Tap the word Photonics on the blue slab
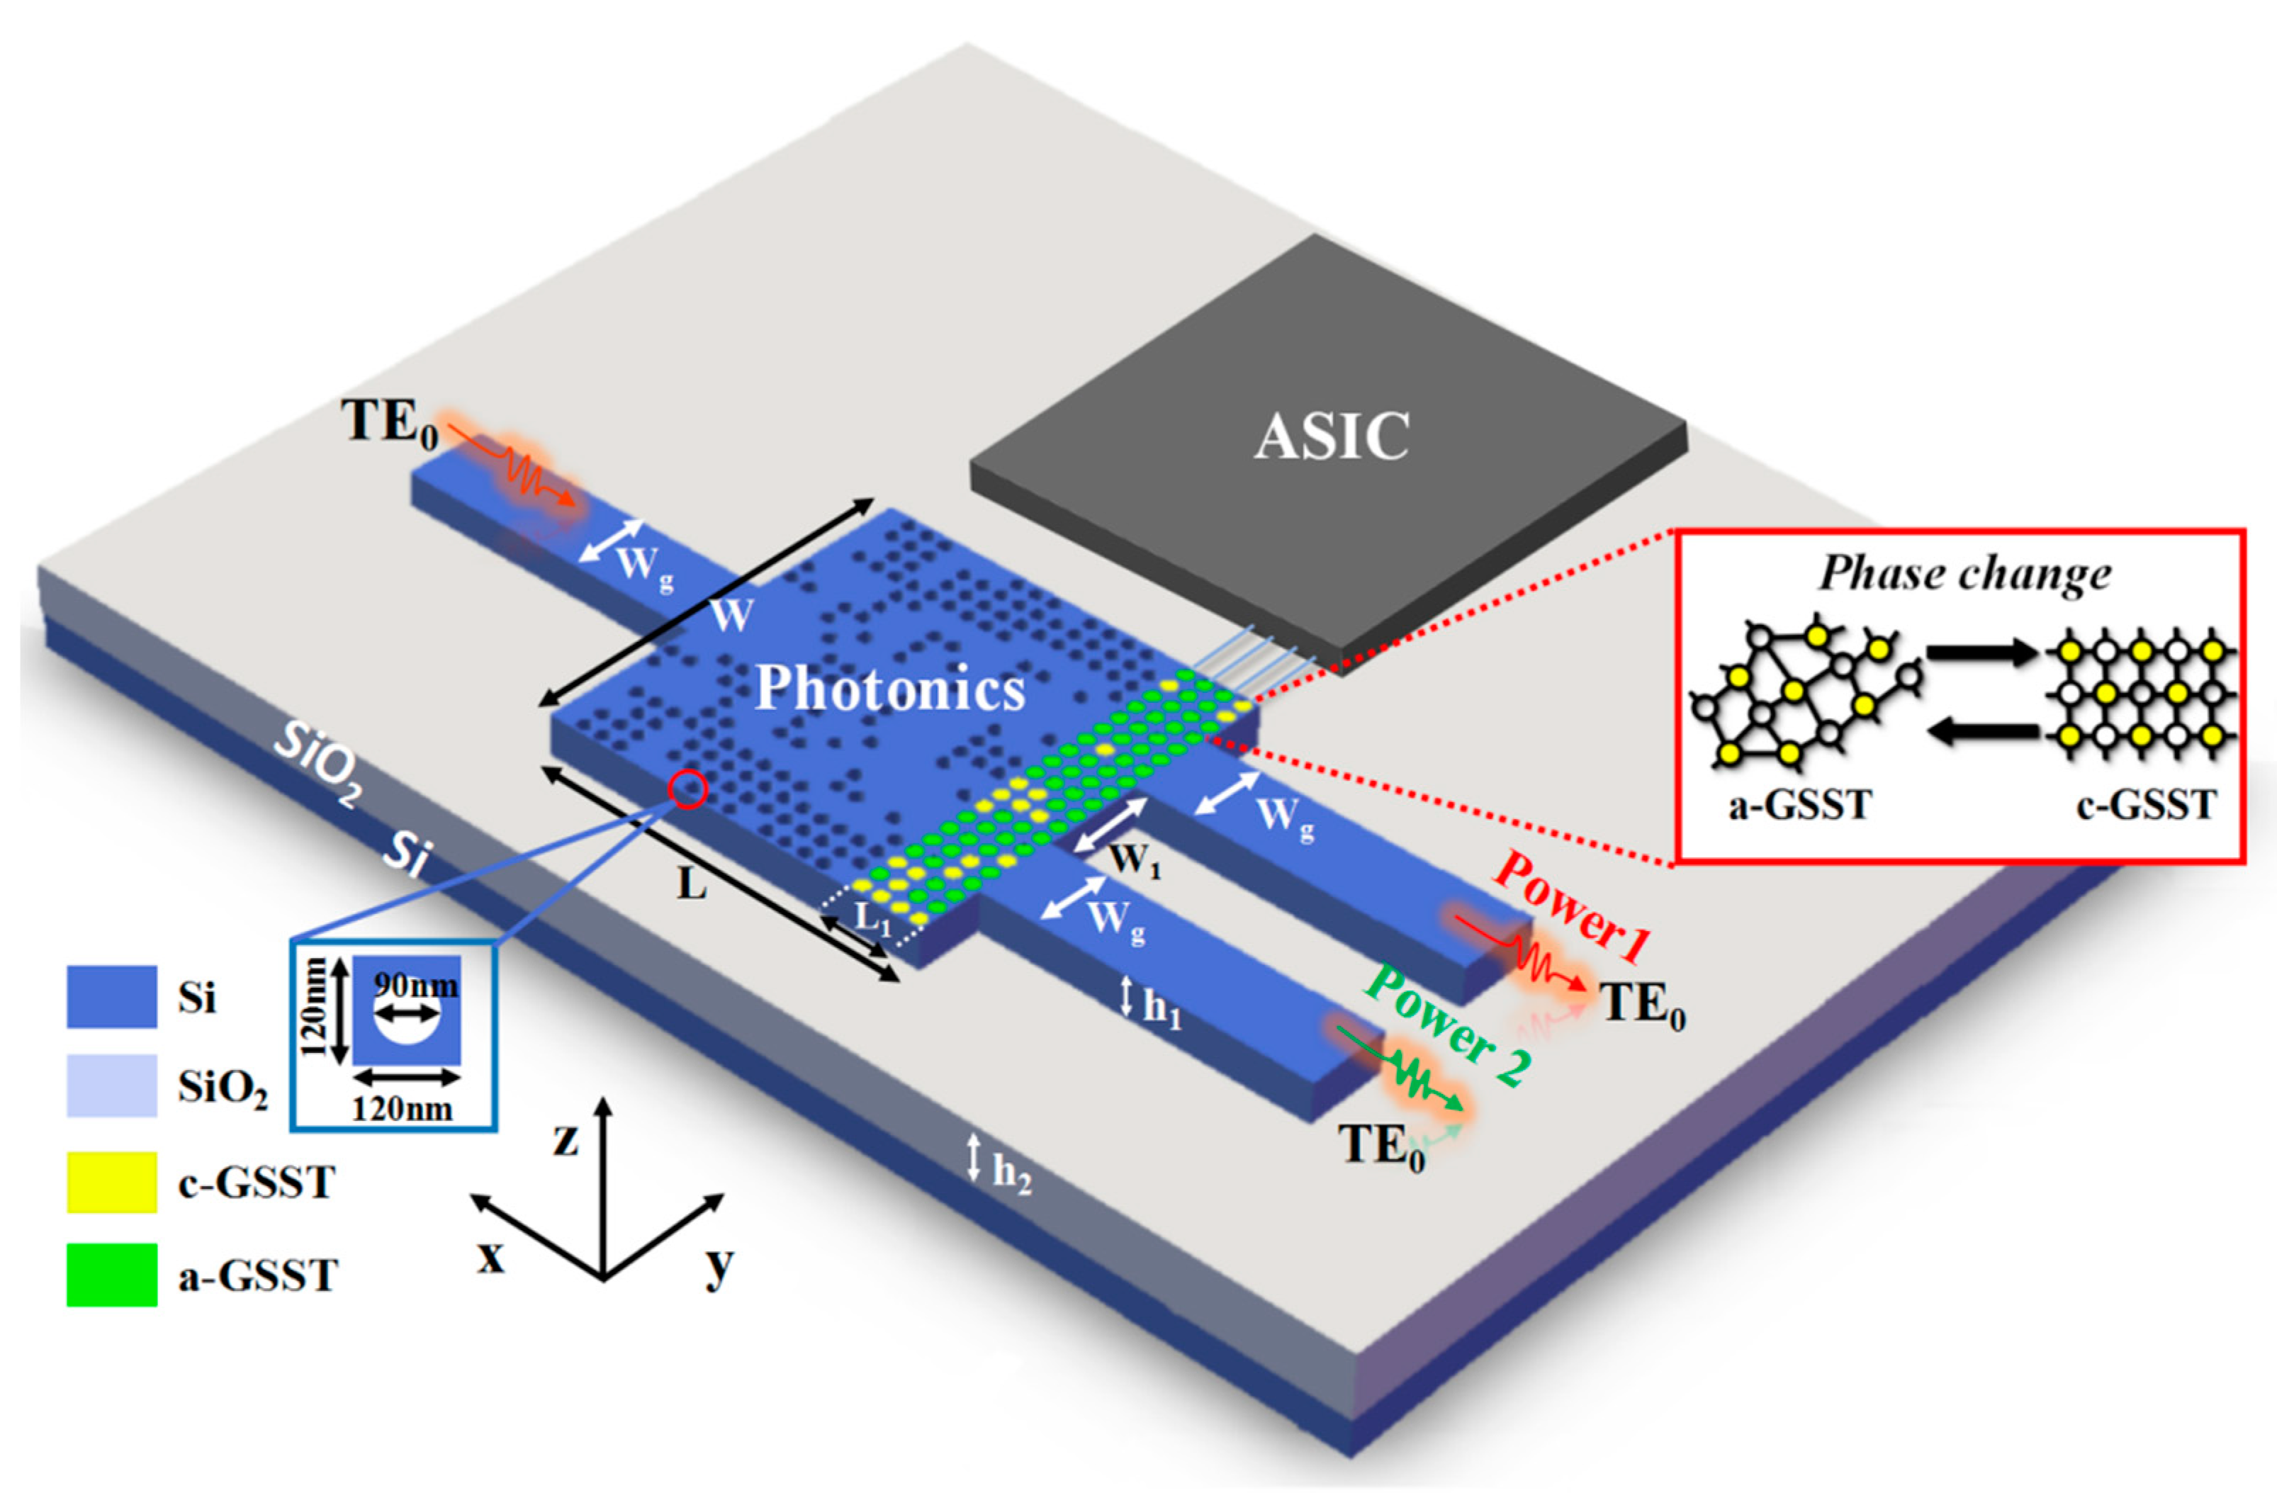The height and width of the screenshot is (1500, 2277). [x=890, y=688]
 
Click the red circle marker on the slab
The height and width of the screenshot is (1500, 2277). [x=688, y=790]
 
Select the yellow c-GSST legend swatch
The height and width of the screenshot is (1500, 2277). [x=111, y=1183]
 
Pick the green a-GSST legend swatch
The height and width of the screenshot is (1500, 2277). [x=111, y=1274]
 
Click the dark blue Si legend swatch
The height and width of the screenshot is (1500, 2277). [x=111, y=997]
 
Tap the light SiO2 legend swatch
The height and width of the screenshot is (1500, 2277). [x=111, y=1085]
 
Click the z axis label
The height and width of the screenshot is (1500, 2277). [x=566, y=1139]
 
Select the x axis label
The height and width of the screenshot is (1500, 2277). [x=491, y=1257]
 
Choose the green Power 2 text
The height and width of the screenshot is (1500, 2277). [x=1448, y=1025]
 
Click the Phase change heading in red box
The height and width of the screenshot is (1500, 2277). [x=1964, y=574]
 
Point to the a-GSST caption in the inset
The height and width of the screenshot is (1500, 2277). [x=1799, y=806]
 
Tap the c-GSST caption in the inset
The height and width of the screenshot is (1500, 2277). [x=2146, y=806]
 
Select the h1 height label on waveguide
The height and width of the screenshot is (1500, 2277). [x=1162, y=1006]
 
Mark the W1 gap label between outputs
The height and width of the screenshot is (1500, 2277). [x=1135, y=860]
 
